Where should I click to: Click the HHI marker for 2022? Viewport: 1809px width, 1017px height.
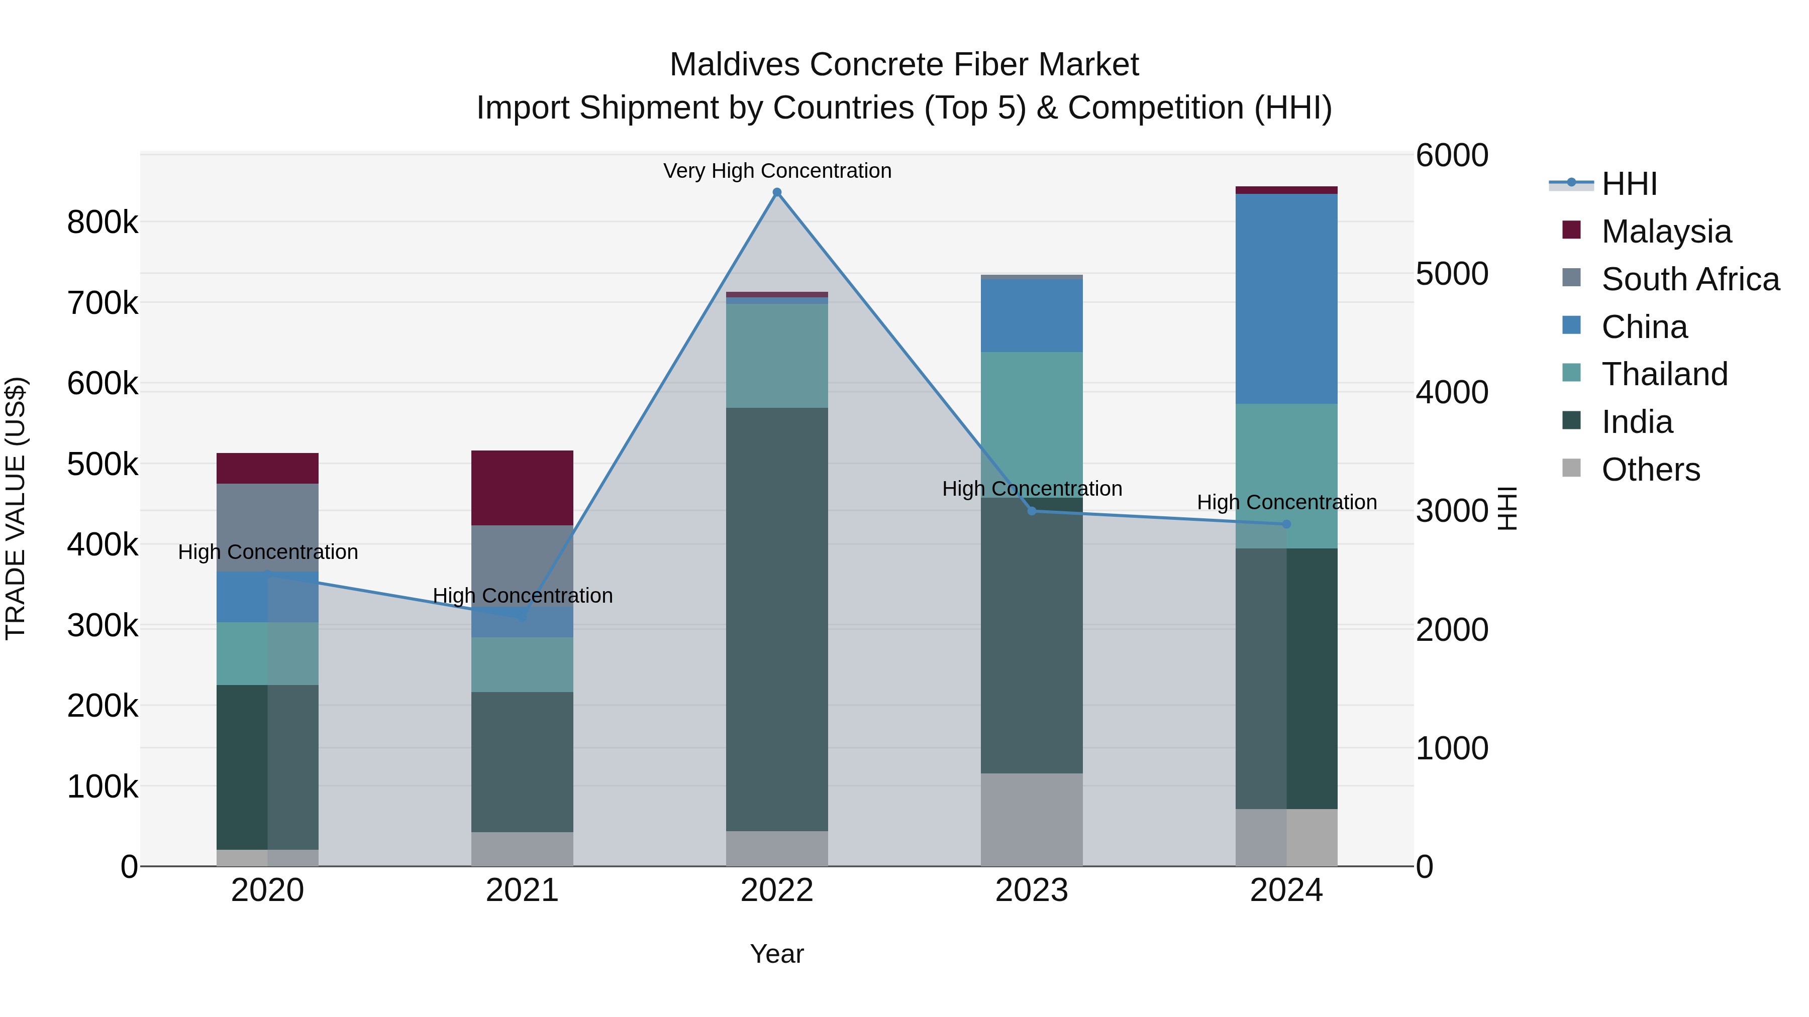(x=777, y=192)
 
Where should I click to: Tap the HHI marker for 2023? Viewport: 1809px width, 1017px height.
(x=1032, y=511)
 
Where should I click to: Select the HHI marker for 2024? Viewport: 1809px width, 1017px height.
(x=1286, y=524)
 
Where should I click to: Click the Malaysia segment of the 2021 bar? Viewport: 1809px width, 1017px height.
(x=522, y=488)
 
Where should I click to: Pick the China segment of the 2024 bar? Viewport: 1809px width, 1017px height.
(x=1286, y=298)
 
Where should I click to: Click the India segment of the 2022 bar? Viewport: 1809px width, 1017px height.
(x=777, y=618)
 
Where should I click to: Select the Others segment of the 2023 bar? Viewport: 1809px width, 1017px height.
(x=1032, y=819)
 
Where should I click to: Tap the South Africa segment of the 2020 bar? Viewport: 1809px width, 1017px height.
(x=267, y=526)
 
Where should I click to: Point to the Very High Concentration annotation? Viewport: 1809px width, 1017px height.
(x=777, y=171)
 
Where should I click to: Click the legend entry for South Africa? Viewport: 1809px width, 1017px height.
(x=1689, y=279)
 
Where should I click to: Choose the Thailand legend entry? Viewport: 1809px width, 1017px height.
(x=1664, y=374)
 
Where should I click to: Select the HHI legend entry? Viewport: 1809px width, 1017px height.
(x=1629, y=184)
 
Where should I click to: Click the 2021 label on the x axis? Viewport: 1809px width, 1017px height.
(x=522, y=890)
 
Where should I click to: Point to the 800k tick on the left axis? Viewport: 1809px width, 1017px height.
(x=103, y=222)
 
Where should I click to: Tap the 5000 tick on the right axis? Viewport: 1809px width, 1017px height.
(x=1451, y=274)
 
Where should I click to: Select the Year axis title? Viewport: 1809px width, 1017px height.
(x=777, y=954)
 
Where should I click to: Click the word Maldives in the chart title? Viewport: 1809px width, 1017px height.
(x=735, y=65)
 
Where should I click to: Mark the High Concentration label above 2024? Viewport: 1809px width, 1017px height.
(x=1286, y=503)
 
